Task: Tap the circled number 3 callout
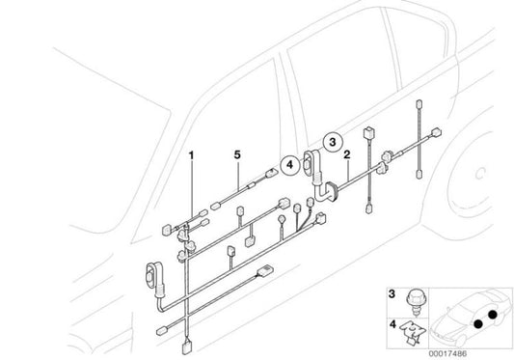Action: pos(332,141)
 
